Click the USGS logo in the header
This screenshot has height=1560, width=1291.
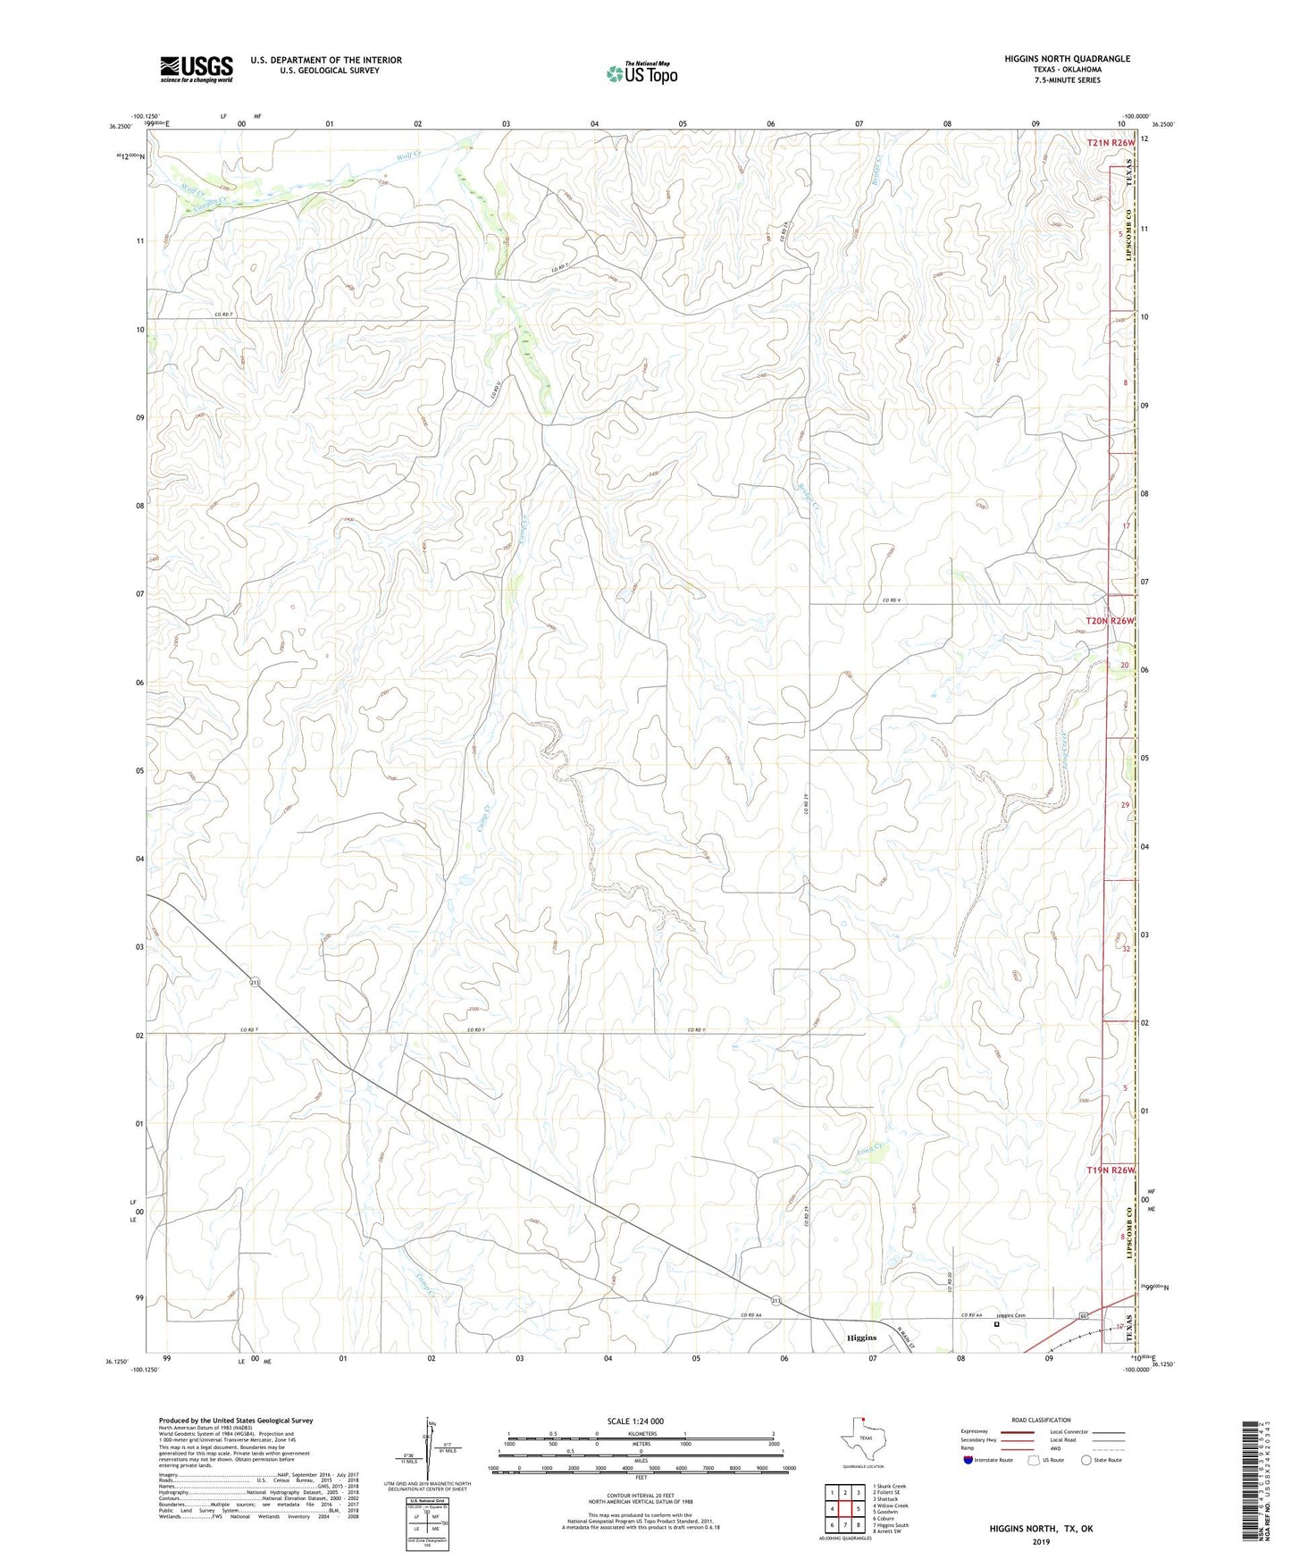point(197,69)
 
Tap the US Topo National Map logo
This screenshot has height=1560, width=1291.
point(641,73)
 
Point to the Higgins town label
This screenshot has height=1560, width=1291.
point(861,1338)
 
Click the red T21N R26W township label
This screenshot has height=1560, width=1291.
point(1111,143)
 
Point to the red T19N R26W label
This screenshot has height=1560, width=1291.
point(1111,1170)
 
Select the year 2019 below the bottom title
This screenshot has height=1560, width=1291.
point(1040,1542)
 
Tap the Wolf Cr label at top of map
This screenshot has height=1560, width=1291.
point(407,157)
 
